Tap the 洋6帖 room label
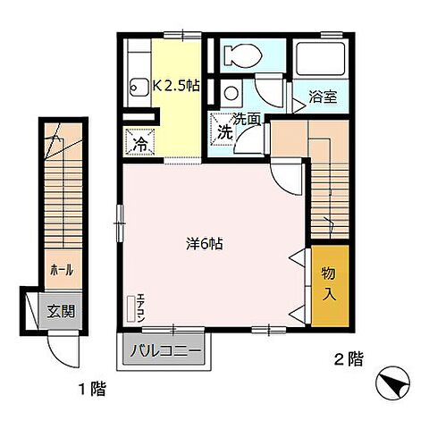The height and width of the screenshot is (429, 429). (204, 243)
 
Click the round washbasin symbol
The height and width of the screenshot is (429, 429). (231, 92)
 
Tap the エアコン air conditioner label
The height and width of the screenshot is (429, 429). (139, 308)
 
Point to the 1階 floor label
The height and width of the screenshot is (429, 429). (91, 388)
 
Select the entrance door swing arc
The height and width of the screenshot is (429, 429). (61, 347)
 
